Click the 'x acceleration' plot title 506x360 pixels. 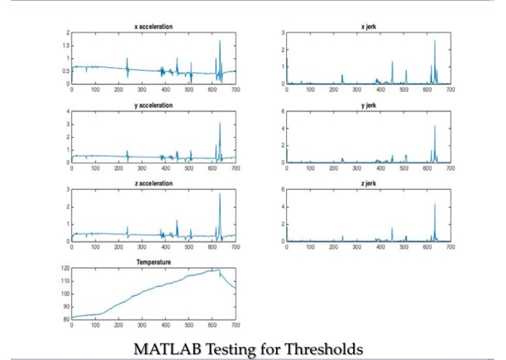pos(153,26)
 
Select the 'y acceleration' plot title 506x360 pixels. pos(153,105)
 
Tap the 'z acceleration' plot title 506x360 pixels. pos(153,183)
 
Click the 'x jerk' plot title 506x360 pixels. pos(368,26)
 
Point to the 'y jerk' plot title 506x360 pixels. pos(368,105)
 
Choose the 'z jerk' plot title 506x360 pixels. pos(368,183)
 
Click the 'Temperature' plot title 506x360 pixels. pos(153,261)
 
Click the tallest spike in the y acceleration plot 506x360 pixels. pos(220,122)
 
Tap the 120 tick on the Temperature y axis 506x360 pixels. pos(66,269)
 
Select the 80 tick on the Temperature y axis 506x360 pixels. pos(66,318)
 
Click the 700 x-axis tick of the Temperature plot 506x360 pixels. pos(235,324)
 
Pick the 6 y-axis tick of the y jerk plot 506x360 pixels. pos(282,111)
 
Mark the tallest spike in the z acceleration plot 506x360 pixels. pos(220,194)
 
